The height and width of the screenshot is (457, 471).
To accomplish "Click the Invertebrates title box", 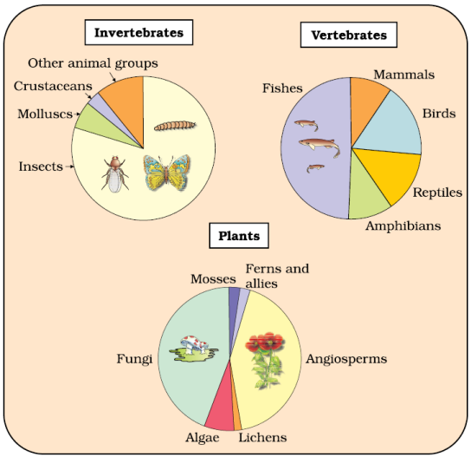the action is click(139, 32).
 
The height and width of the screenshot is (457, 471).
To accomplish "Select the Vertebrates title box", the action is click(349, 35).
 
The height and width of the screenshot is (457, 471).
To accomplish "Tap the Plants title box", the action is click(239, 236).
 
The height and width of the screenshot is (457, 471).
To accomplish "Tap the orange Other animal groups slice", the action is click(126, 99).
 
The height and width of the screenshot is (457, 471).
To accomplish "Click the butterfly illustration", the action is click(166, 173).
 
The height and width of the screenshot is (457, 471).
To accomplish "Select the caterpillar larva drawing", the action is click(175, 126).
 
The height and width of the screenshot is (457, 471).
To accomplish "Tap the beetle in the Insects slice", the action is click(115, 174).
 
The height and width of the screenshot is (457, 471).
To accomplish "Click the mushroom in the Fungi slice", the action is click(194, 349).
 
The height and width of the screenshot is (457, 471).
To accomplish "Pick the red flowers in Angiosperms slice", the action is click(265, 343).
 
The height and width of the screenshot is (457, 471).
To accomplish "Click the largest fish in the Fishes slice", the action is click(319, 147).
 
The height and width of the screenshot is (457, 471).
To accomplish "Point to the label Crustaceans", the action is click(53, 86).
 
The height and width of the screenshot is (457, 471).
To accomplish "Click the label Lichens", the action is click(262, 437).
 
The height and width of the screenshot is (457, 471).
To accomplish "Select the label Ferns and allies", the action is click(277, 276).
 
